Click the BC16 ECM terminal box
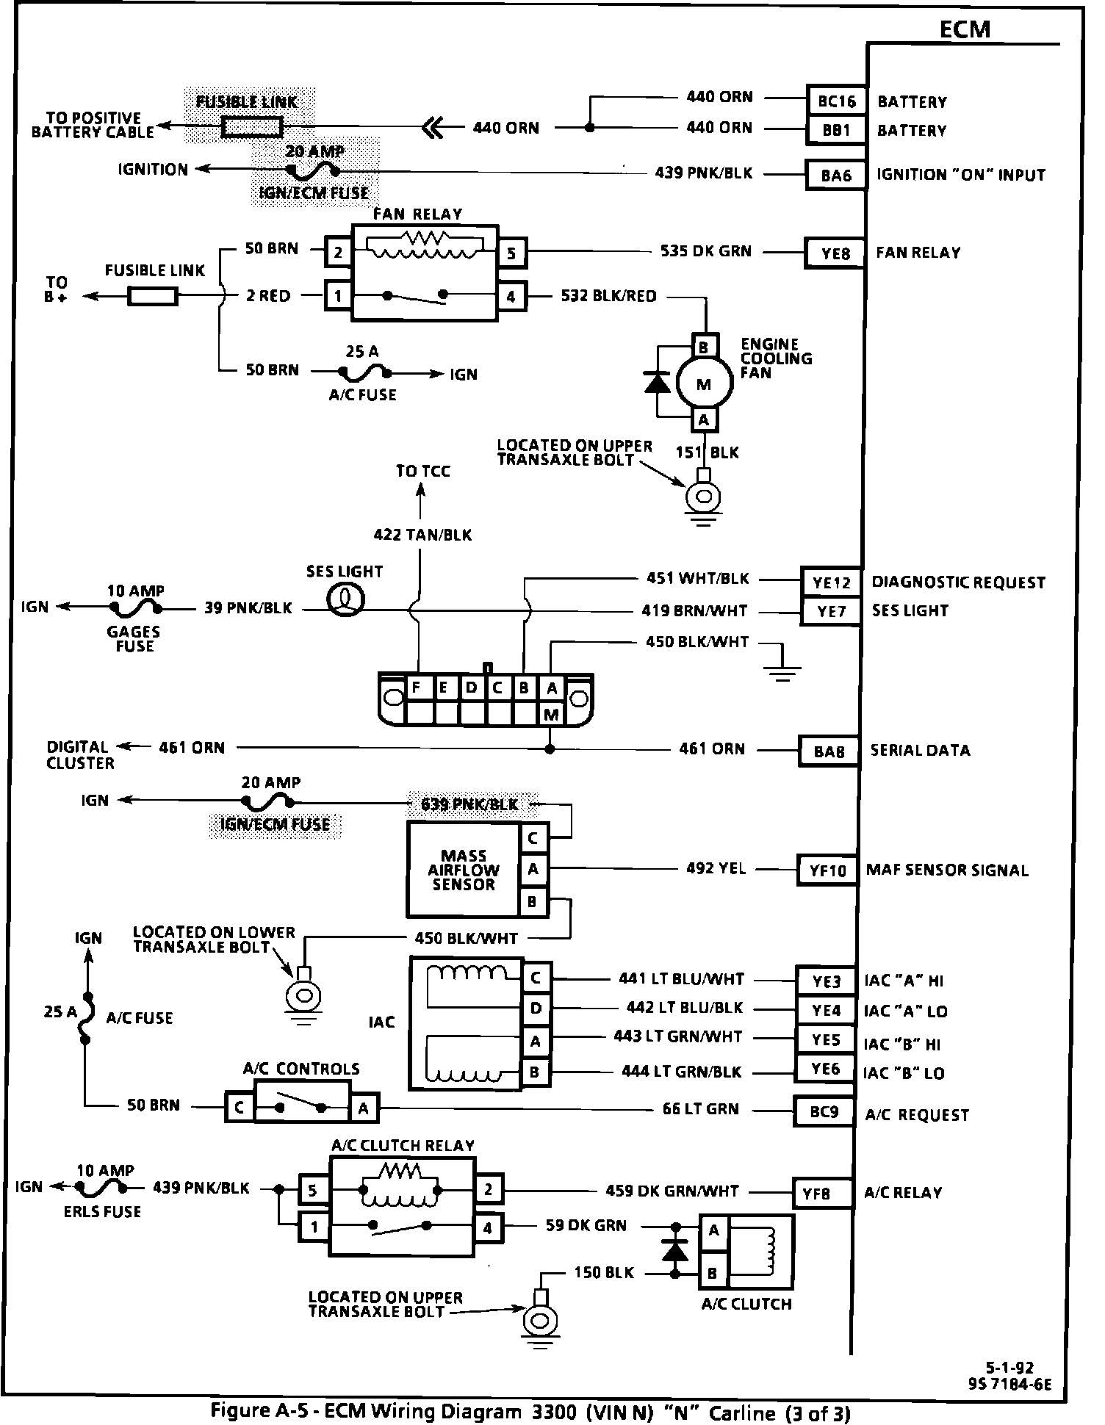(836, 101)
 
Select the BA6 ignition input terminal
(835, 175)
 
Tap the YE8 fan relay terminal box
(835, 253)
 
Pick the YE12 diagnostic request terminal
(831, 582)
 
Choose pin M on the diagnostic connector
(551, 713)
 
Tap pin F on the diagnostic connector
(417, 688)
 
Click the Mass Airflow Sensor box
(463, 870)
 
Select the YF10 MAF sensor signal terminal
(828, 871)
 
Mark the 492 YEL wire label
(715, 868)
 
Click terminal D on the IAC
(536, 1009)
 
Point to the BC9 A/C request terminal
(824, 1111)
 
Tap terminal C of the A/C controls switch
(239, 1108)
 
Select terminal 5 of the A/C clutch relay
(312, 1190)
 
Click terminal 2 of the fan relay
(338, 253)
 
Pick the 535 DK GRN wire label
(705, 251)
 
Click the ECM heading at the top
(965, 29)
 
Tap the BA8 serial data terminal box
(829, 751)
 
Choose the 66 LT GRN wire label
(700, 1108)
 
